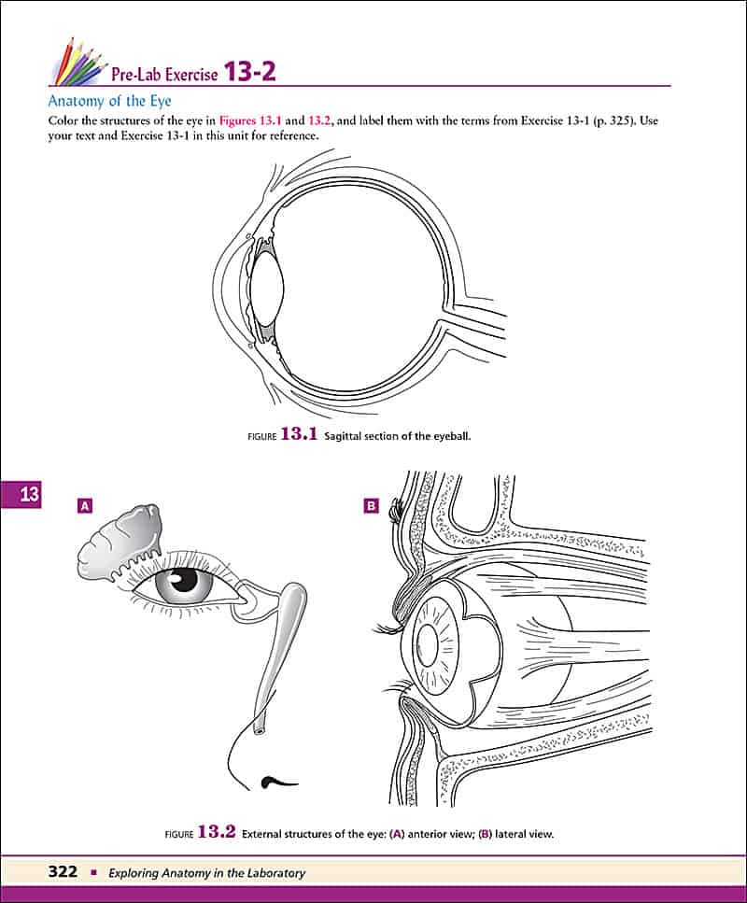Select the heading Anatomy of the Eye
tap(110, 101)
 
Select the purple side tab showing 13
tap(29, 495)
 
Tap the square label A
tap(85, 506)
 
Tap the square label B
tap(371, 506)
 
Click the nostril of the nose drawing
tap(274, 780)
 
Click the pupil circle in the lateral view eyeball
tap(432, 642)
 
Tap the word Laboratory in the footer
tap(270, 873)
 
